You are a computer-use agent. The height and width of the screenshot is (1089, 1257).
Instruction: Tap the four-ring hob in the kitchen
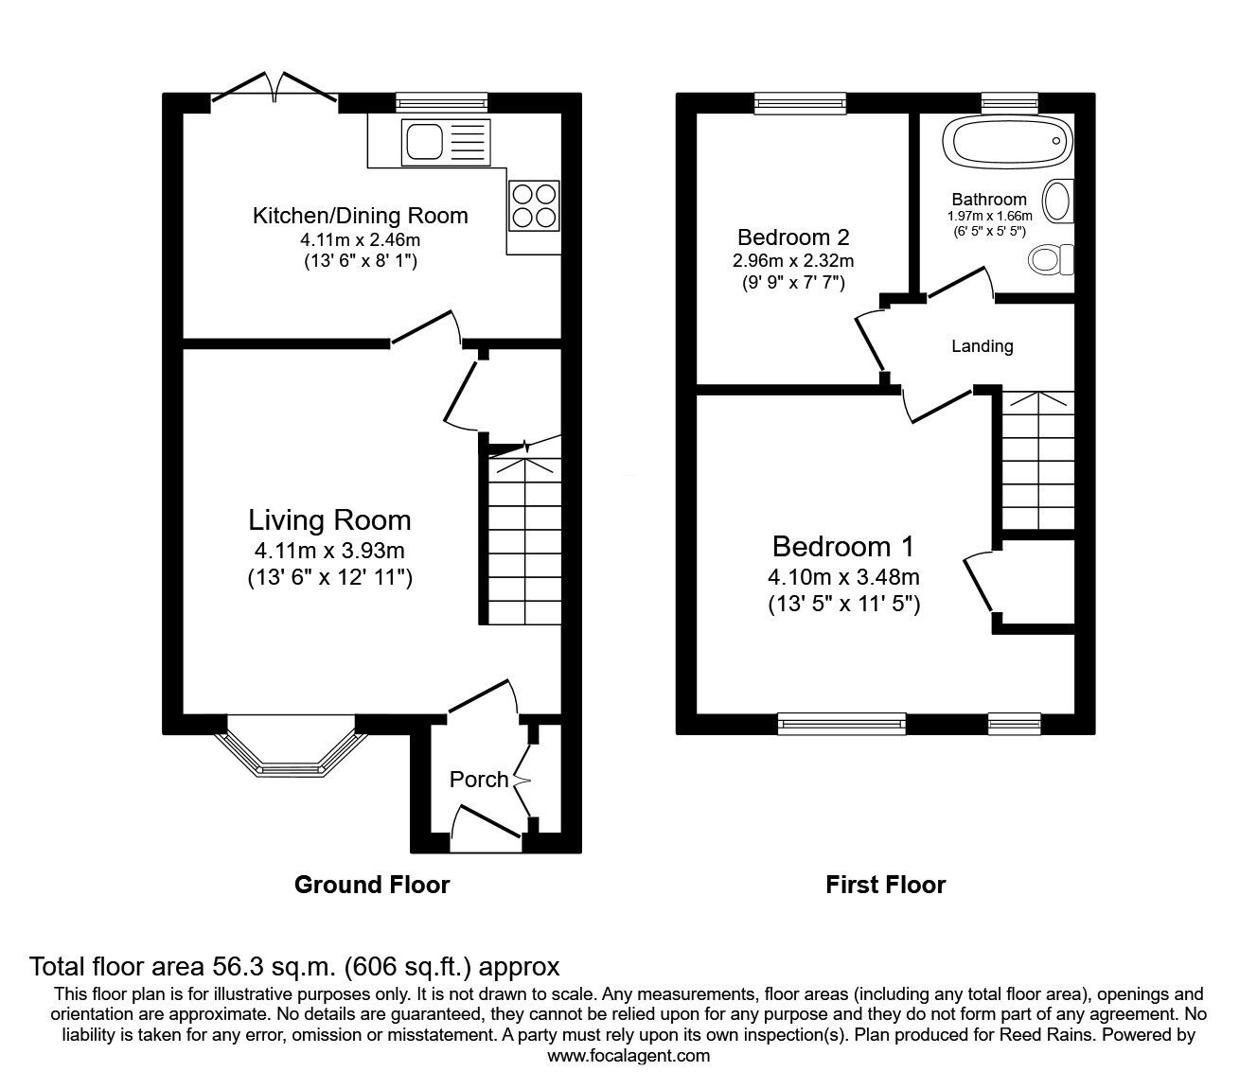point(534,205)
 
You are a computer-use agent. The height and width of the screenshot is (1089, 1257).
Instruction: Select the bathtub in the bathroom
point(1008,142)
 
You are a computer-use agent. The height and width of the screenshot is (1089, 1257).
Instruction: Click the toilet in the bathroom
point(1051,259)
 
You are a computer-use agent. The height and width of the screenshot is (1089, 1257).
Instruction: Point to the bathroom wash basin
point(1058,201)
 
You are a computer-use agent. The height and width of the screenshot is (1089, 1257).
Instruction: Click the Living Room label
point(329,520)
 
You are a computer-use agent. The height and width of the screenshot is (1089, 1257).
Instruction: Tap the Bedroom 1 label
point(842,547)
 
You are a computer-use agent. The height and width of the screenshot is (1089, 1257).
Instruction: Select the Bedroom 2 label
point(793,237)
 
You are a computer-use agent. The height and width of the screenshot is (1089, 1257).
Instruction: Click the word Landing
point(983,346)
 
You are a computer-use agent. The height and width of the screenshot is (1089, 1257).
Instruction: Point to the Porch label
point(479,780)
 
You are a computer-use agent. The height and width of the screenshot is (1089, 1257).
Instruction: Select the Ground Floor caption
point(372,885)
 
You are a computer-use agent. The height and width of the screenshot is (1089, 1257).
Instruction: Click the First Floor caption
point(885,885)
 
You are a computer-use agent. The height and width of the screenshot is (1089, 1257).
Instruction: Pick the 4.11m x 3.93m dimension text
point(329,551)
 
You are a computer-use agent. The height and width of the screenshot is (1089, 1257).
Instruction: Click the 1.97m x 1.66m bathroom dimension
point(989,216)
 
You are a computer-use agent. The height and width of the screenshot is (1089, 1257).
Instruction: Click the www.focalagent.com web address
point(628,1056)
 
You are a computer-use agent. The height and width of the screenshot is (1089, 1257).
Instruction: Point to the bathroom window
point(1010,103)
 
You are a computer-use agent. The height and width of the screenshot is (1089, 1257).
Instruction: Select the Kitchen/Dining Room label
point(360,216)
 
